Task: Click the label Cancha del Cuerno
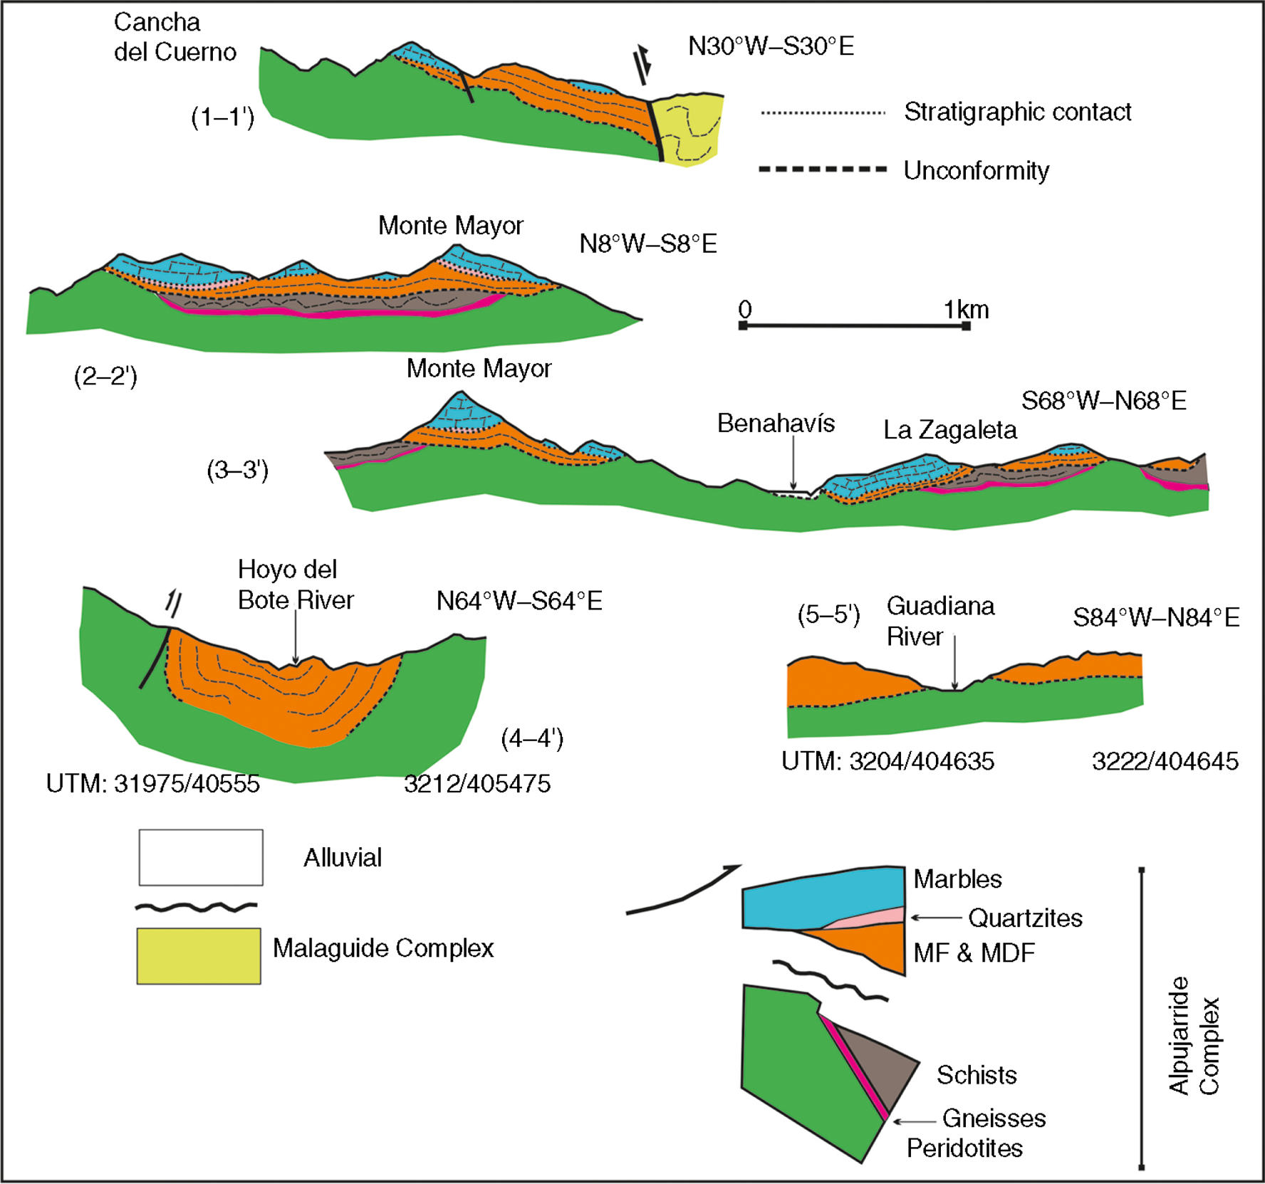point(175,37)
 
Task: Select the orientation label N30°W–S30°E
point(771,46)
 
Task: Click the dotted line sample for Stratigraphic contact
point(823,112)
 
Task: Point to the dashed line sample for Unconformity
point(823,169)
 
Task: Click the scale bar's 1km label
point(966,310)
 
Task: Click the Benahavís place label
point(776,424)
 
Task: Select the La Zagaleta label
point(950,430)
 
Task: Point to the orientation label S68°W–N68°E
point(1104,401)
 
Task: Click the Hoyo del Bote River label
point(296,585)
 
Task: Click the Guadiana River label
point(940,621)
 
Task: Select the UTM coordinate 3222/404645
point(1165,761)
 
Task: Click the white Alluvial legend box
point(201,857)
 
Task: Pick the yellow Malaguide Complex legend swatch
point(199,955)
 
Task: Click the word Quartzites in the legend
point(1025,918)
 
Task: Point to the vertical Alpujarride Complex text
point(1194,1035)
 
